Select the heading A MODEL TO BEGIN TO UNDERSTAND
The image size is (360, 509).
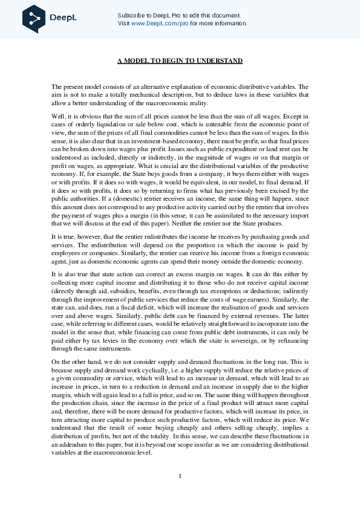180,61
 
